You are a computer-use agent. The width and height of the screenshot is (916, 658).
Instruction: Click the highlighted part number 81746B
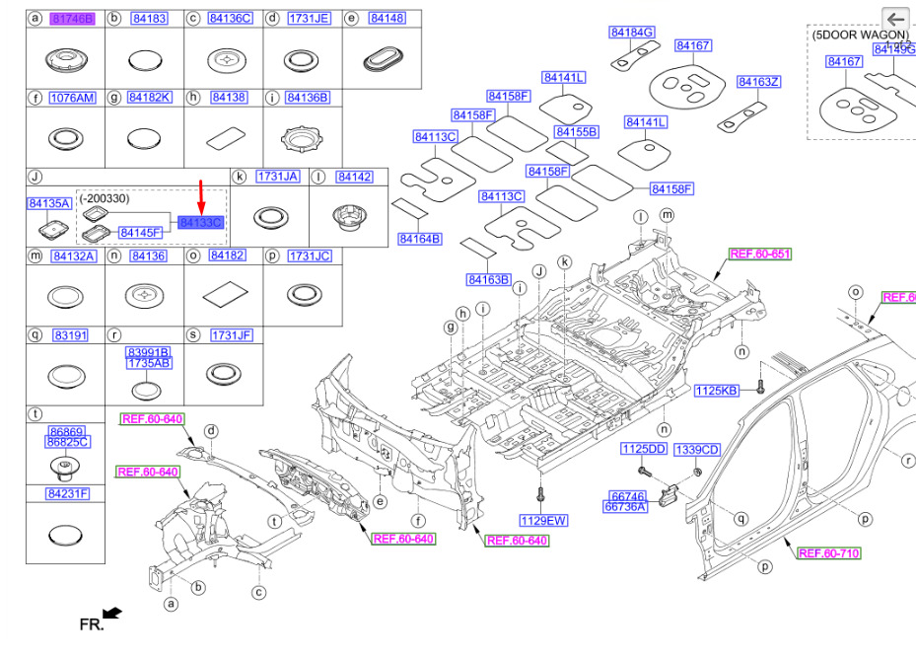tap(72, 19)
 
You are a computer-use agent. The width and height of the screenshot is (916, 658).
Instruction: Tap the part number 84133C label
tap(201, 224)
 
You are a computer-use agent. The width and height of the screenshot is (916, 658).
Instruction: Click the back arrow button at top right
tap(894, 19)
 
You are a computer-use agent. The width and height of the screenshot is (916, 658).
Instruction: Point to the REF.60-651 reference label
tap(759, 254)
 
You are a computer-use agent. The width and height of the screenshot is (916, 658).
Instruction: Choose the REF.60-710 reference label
tap(828, 553)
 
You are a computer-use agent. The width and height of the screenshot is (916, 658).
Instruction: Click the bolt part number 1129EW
tap(543, 520)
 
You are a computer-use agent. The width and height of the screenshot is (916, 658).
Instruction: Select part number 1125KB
tap(716, 391)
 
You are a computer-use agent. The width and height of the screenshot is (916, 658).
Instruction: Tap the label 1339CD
tap(698, 450)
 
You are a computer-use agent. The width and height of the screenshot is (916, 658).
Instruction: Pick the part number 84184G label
tap(632, 33)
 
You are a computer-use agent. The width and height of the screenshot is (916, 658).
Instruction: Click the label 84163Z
tap(758, 82)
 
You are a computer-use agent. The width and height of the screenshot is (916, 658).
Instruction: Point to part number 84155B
tap(576, 131)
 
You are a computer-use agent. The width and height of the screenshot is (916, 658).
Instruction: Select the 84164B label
tap(420, 239)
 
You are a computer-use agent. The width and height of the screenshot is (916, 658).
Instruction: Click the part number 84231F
tap(67, 493)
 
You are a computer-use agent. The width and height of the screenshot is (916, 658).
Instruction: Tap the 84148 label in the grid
tap(387, 19)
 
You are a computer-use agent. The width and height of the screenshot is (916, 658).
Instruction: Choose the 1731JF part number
tap(230, 335)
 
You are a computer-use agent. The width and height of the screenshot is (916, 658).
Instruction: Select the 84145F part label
tap(140, 232)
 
